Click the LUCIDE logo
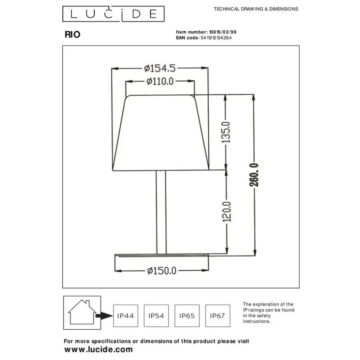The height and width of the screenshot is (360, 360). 114,14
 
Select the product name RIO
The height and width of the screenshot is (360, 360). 72,35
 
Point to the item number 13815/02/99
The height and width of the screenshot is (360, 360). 223,32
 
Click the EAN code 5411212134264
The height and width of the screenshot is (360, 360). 216,38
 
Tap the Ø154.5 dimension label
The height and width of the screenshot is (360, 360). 160,68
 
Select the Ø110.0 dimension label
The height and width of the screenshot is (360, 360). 160,81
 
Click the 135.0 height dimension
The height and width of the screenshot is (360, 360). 226,132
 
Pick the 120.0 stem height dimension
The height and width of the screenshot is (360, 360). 227,212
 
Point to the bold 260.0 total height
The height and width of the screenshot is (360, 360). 254,175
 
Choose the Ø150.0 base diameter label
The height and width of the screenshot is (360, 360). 162,271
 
